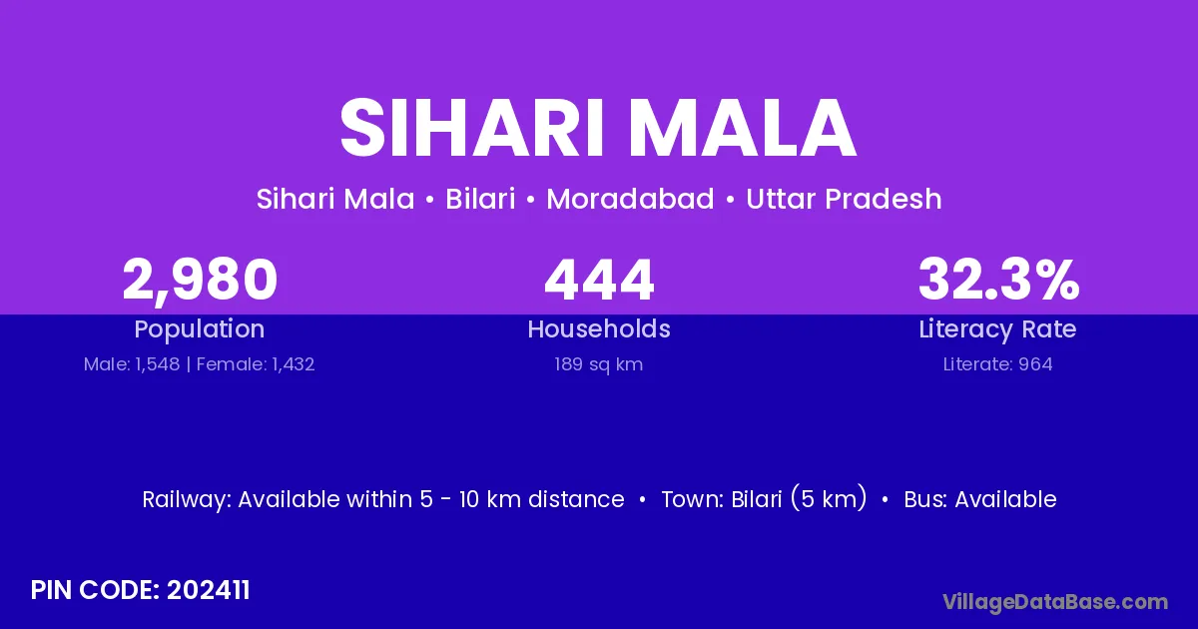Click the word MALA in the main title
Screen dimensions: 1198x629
743,128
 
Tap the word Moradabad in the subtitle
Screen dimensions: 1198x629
630,199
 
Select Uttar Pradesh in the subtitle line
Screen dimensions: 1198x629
844,199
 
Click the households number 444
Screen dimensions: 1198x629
599,280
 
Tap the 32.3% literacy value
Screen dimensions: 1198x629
998,280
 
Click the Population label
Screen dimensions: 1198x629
200,329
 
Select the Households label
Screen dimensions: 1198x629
599,328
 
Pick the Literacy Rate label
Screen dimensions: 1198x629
997,329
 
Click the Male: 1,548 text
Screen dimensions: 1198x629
132,364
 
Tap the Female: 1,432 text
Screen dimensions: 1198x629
256,364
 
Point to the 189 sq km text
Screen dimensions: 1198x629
598,364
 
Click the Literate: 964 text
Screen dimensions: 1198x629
998,364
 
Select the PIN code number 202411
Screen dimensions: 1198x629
208,590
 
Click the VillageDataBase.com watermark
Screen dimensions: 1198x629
1055,602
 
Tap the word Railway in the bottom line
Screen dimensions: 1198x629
185,500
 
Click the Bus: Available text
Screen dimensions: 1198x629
980,499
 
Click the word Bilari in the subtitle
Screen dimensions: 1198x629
480,199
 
